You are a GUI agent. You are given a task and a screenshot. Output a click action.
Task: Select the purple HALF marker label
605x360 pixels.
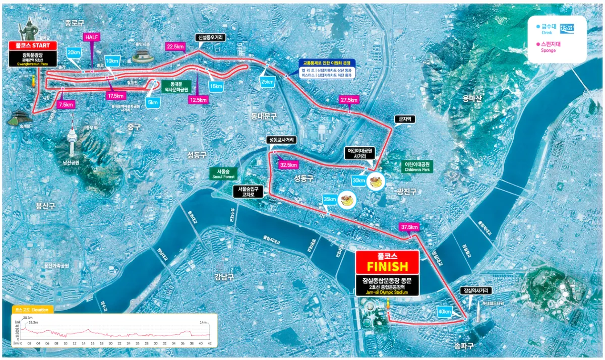[x=91, y=38]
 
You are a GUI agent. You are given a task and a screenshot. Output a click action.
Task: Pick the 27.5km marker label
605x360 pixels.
[x=349, y=100]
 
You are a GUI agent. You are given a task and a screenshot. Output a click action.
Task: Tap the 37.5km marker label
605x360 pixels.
[x=409, y=227]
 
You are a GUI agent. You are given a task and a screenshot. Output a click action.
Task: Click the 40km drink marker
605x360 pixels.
[x=444, y=312]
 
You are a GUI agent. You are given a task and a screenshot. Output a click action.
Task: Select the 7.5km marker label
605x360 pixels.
[x=66, y=105]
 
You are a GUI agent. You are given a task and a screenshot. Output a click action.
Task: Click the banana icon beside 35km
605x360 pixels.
[x=347, y=200]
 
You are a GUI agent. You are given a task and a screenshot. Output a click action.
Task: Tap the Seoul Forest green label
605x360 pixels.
[x=222, y=173]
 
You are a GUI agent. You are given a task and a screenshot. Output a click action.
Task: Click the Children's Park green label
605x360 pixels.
[x=418, y=167]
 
